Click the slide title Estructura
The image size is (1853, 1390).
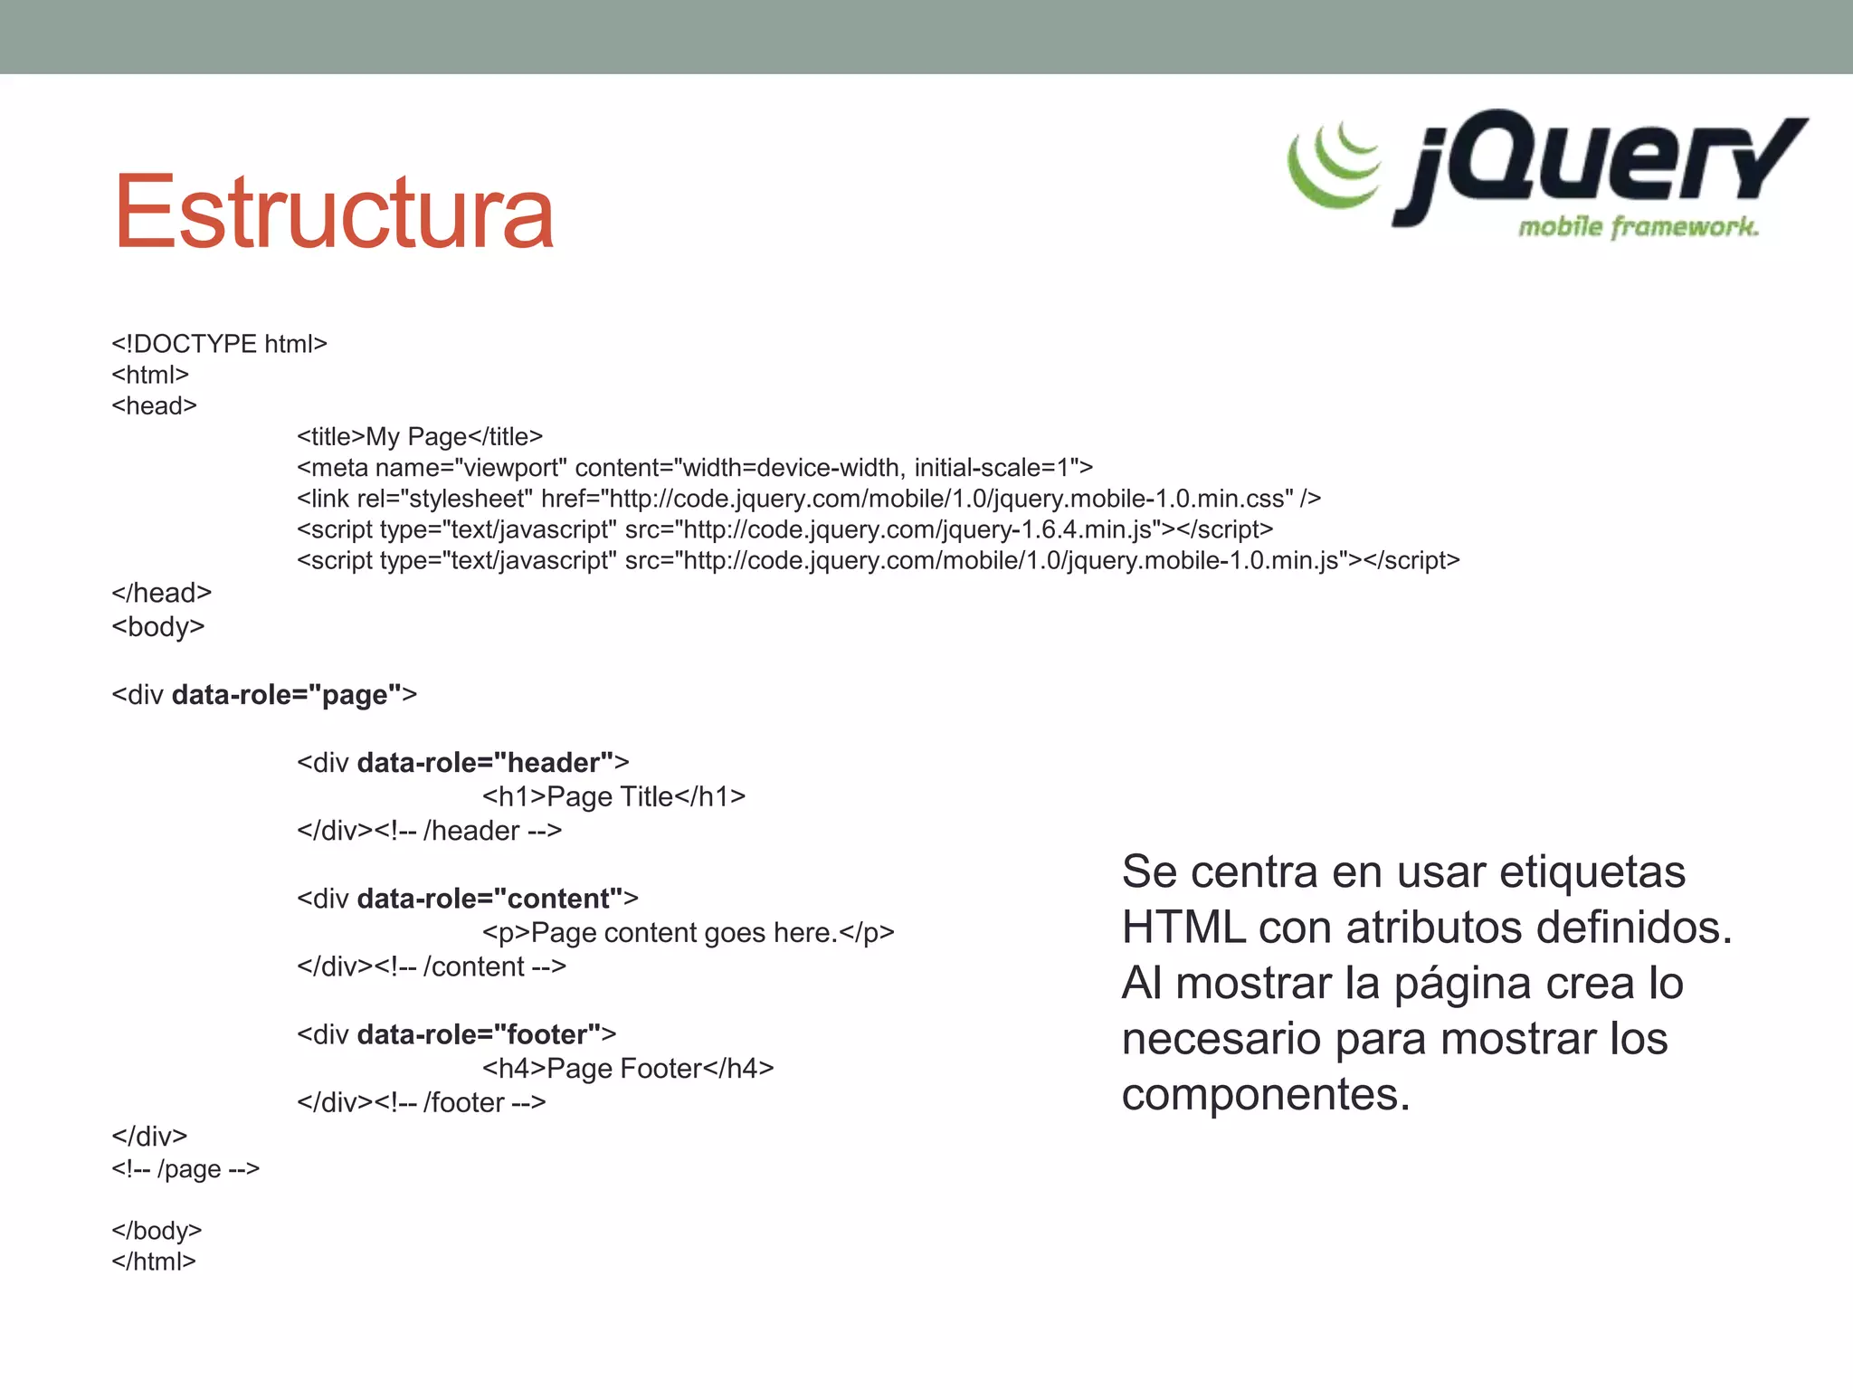(333, 213)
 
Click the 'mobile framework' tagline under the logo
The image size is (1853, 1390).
(1638, 226)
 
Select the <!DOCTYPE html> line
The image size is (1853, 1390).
(219, 344)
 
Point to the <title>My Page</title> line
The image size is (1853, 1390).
(420, 437)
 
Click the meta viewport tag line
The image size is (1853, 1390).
(695, 468)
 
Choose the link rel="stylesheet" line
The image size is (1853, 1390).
(809, 499)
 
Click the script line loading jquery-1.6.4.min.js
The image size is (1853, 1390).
(784, 529)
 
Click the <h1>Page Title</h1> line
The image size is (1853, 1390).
(613, 796)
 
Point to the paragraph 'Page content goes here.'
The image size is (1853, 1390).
(688, 933)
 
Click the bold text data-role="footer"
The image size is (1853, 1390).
(480, 1034)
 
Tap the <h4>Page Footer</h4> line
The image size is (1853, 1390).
(628, 1069)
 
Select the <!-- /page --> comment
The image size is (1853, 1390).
(185, 1169)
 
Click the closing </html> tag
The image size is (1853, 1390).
(154, 1261)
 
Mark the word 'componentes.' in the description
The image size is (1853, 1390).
(1266, 1095)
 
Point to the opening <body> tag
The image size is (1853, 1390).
(158, 626)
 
